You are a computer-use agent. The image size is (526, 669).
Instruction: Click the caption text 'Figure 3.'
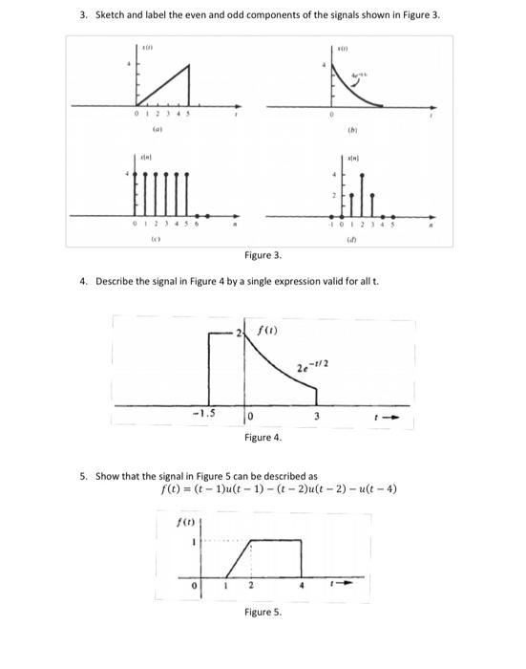click(263, 257)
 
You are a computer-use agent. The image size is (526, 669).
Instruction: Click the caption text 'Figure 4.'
click(263, 437)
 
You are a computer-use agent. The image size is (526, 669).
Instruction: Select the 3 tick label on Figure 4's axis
click(317, 417)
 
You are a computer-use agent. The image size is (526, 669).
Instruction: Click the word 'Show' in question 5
click(108, 475)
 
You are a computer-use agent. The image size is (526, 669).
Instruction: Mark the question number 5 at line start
click(83, 475)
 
